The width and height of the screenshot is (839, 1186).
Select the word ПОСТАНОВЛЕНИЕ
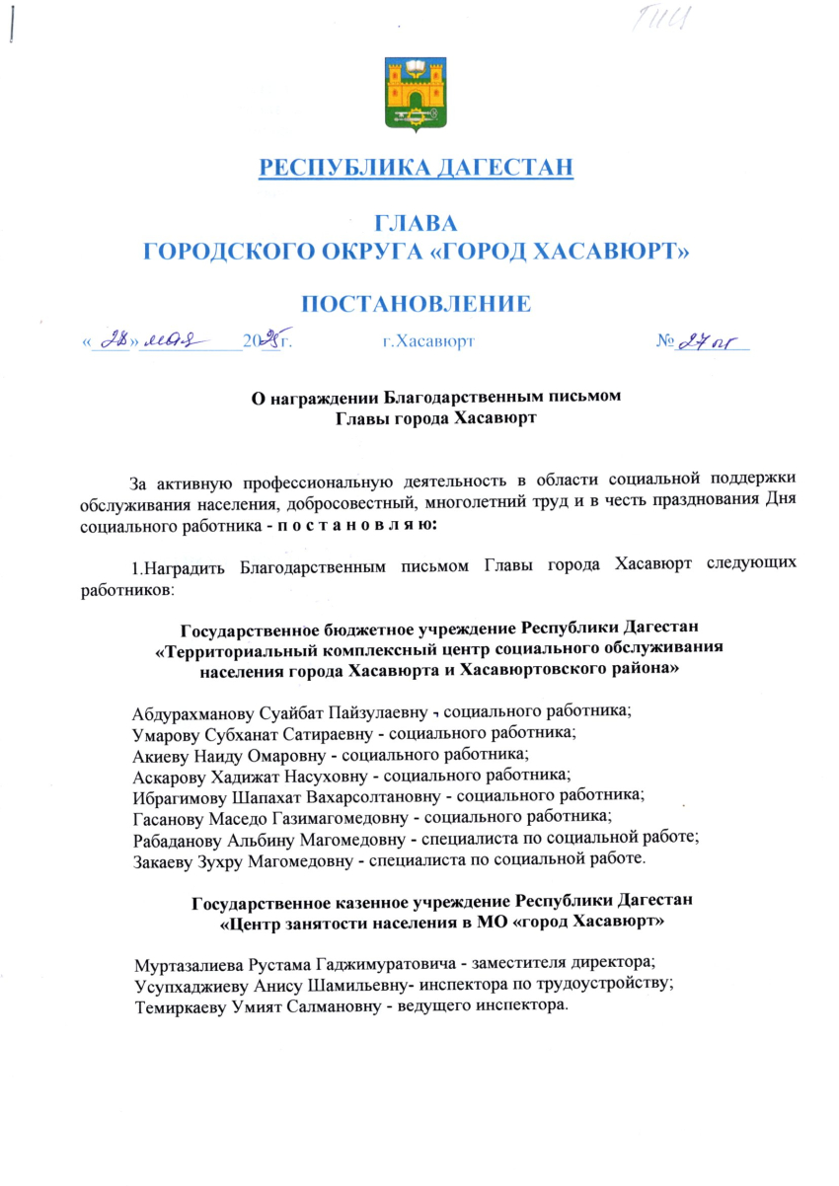[416, 303]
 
